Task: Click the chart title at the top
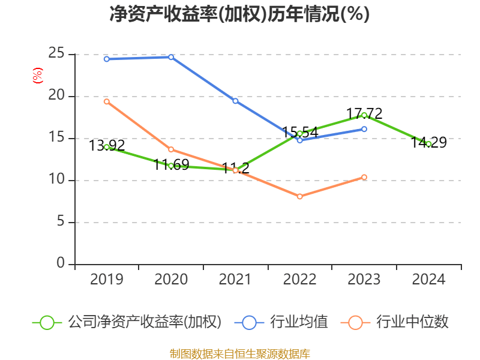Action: point(239,14)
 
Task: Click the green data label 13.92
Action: point(107,145)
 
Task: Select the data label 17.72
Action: point(364,113)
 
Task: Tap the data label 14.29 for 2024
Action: point(428,143)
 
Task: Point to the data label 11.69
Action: point(171,164)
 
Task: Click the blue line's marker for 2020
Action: point(171,57)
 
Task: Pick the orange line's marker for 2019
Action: point(107,101)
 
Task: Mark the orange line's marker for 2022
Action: point(300,196)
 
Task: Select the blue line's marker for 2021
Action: point(235,101)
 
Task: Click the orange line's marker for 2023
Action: point(364,177)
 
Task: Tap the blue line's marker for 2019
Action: point(107,59)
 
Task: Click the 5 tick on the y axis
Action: point(61,222)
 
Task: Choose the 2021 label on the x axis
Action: point(235,280)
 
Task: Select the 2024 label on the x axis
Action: point(428,280)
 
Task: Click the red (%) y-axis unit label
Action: point(37,76)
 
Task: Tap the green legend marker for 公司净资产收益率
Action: point(47,322)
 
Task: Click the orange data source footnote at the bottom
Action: point(239,353)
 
